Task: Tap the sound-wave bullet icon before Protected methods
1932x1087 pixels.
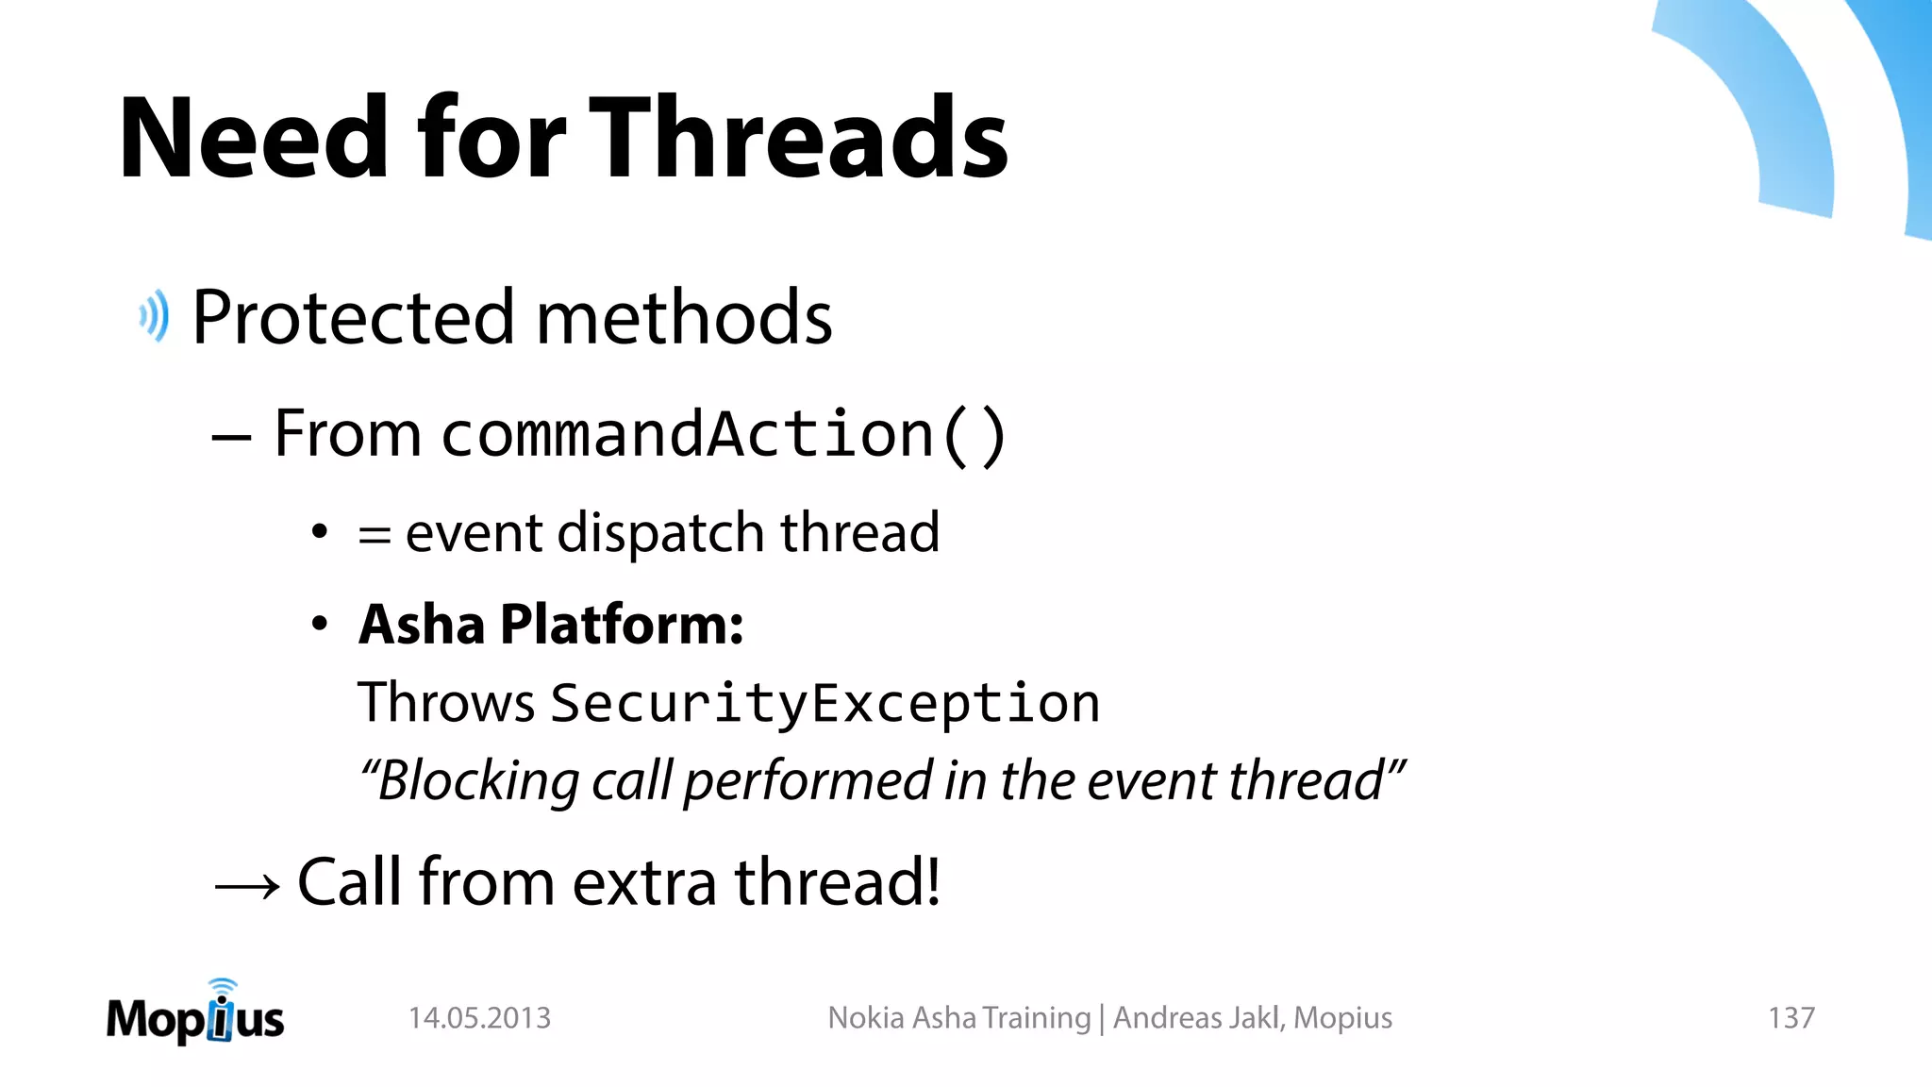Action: coord(154,316)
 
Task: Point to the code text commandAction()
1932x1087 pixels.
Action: coord(724,435)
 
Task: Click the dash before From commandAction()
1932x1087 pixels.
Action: coord(231,438)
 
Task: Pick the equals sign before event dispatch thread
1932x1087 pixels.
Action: coord(374,535)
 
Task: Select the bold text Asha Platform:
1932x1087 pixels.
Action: coord(551,625)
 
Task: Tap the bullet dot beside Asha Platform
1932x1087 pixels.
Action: coord(320,624)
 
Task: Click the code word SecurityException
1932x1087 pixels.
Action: coord(825,703)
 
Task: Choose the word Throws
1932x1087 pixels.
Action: coord(446,703)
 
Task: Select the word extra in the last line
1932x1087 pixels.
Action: coord(644,883)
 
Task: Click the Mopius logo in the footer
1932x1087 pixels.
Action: coord(195,1015)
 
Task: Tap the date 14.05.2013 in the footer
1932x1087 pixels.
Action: coord(479,1018)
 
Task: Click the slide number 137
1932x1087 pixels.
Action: coord(1790,1018)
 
